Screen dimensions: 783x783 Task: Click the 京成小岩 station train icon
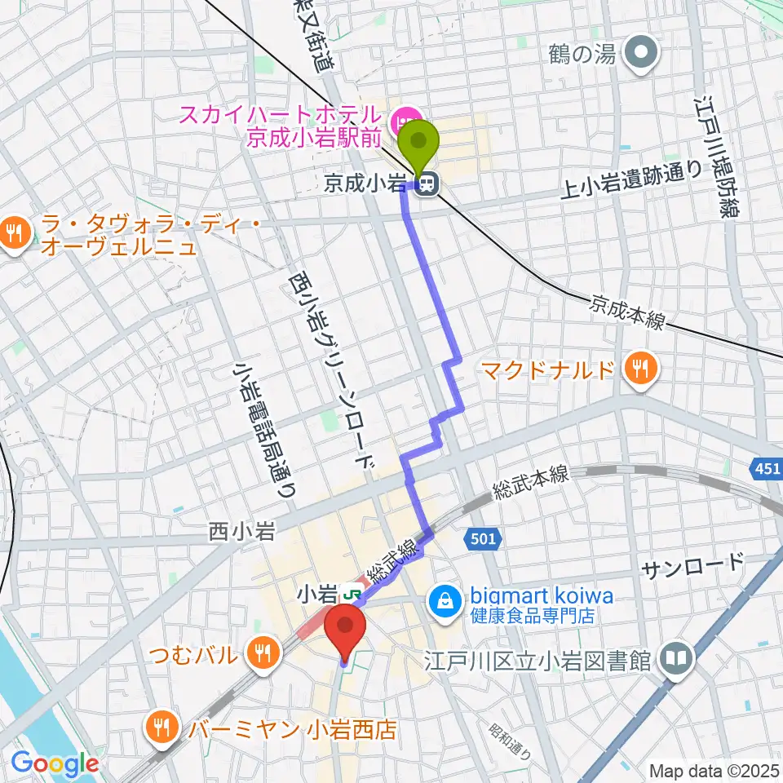click(424, 186)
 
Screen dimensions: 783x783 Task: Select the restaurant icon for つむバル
click(262, 652)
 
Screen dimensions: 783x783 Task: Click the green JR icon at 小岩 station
click(355, 591)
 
